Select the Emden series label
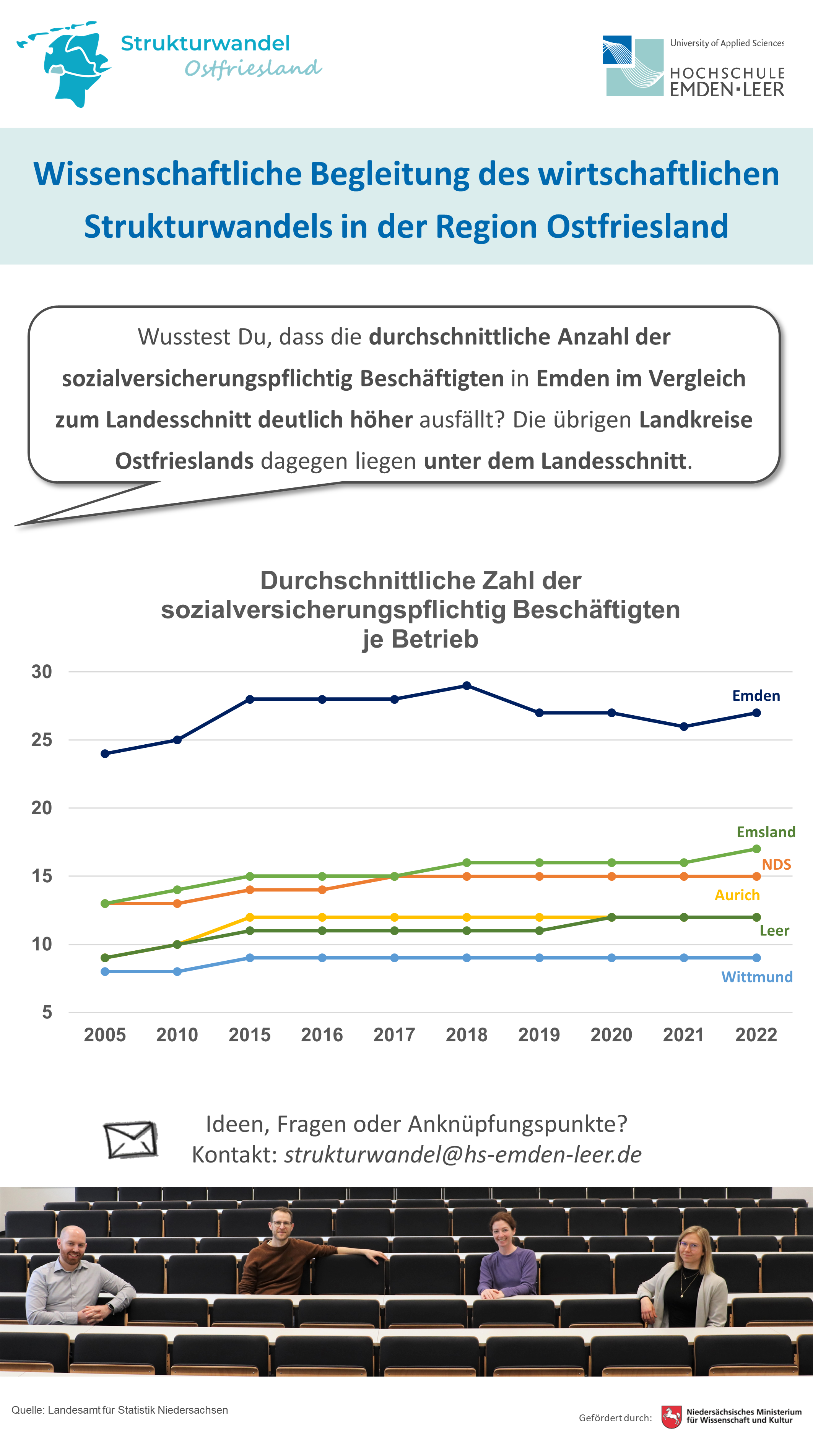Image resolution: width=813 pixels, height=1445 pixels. point(756,696)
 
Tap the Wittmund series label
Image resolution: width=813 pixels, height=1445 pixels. point(757,977)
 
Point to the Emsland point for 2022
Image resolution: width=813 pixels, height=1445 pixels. point(756,849)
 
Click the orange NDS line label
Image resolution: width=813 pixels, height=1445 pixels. point(776,864)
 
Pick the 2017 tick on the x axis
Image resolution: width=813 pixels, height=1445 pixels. point(394,1034)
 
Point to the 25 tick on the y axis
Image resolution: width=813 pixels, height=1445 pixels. point(42,740)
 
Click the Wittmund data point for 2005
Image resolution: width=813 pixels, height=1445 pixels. point(105,972)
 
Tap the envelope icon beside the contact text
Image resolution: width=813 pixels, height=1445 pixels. point(131,1139)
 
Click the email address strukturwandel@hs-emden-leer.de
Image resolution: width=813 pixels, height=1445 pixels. point(463,1154)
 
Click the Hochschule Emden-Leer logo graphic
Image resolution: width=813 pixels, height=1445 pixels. point(633,66)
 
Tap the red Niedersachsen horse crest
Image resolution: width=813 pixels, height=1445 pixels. point(672,1416)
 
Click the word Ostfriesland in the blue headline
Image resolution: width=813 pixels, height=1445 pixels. point(637,227)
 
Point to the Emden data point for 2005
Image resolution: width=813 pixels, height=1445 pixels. point(105,753)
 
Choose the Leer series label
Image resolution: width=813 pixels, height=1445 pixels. point(774,930)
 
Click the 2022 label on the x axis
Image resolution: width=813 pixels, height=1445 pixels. point(756,1034)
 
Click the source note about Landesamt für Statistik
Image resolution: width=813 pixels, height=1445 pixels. point(120,1410)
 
